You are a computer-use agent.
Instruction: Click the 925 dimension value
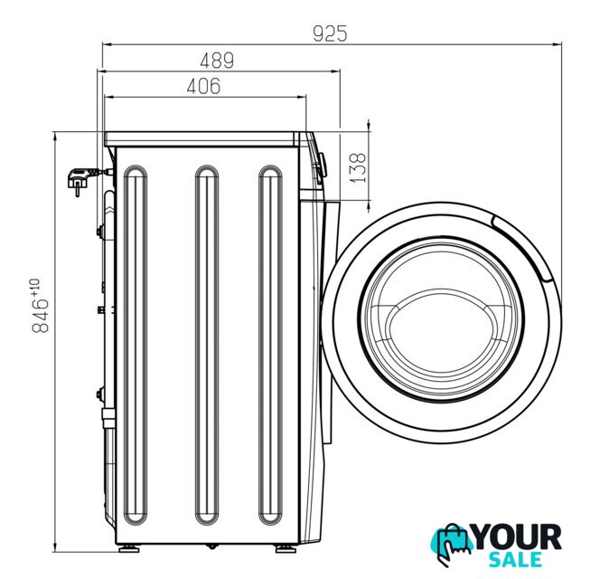coord(330,33)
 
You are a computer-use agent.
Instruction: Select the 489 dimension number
coord(217,61)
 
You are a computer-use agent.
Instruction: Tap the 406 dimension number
coord(203,86)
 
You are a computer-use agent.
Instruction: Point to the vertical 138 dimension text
coord(358,167)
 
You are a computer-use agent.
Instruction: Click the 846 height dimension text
coord(41,316)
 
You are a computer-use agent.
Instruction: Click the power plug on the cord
coord(80,180)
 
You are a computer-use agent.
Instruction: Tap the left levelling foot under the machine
coord(129,548)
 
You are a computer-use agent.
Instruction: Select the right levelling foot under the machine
coord(286,548)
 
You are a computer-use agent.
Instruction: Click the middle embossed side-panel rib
coord(207,345)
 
